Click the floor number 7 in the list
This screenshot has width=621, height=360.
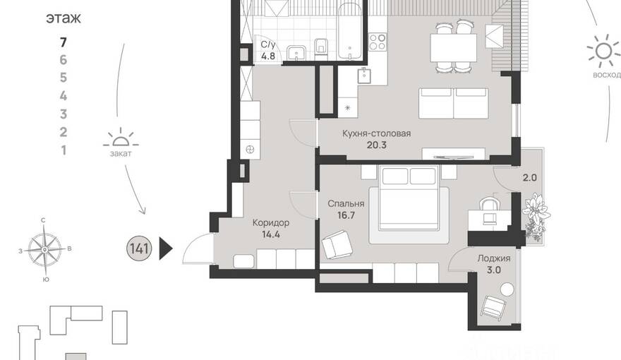(64, 42)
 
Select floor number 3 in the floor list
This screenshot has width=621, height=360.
(64, 114)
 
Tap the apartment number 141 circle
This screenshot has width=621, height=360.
(139, 248)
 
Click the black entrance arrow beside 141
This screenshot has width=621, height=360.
(166, 248)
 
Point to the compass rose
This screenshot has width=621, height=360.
(44, 250)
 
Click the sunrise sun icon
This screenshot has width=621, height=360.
(604, 51)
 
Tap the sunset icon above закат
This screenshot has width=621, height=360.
(121, 138)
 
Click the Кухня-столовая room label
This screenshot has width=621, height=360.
(376, 133)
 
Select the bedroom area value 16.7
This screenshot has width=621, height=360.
(346, 215)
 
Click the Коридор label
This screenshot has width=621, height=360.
(271, 222)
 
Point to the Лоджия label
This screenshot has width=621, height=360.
(494, 258)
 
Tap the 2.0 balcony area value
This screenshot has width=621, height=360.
(529, 178)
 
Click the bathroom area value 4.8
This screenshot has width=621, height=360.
(268, 56)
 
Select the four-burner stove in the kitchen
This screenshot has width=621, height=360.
(378, 42)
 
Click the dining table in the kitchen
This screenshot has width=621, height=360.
(454, 47)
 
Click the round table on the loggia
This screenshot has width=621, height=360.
(507, 289)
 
